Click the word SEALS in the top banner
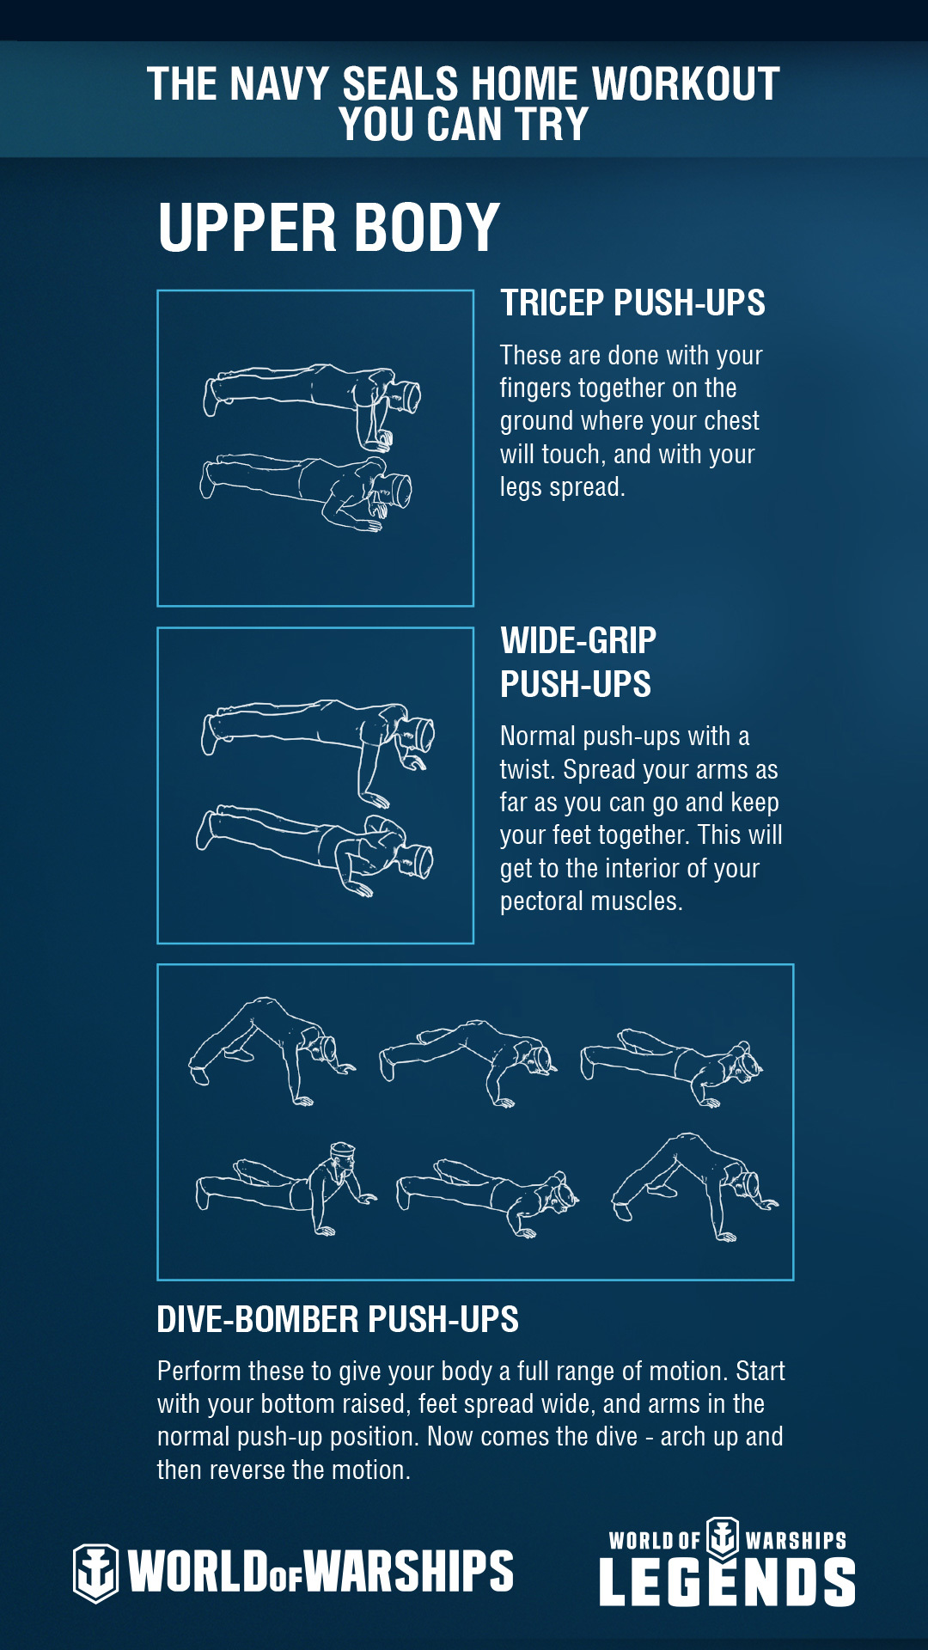pyautogui.click(x=400, y=84)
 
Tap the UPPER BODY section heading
pyautogui.click(x=328, y=228)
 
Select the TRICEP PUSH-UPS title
pyautogui.click(x=632, y=302)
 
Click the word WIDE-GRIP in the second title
pyautogui.click(x=578, y=640)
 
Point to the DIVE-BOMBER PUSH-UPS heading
pyautogui.click(x=338, y=1319)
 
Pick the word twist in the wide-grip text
pyautogui.click(x=526, y=769)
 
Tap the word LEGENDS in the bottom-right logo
pyautogui.click(x=727, y=1582)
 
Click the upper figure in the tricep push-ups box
pyautogui.click(x=312, y=404)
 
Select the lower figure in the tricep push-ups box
pyautogui.click(x=307, y=492)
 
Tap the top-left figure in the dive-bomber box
pyautogui.click(x=272, y=1050)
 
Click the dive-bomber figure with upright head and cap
pyautogui.click(x=286, y=1189)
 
